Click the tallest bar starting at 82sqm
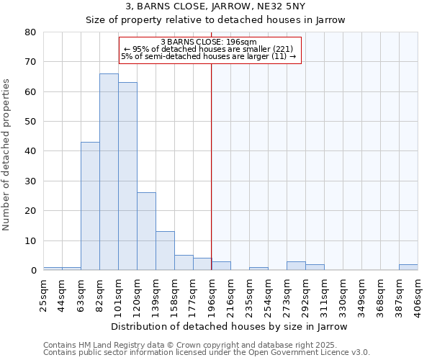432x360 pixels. (109, 172)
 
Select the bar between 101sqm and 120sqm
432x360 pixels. (127, 176)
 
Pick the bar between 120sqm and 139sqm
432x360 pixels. (146, 231)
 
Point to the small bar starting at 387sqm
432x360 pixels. (408, 267)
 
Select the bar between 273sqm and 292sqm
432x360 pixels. (296, 266)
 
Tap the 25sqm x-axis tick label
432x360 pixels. (43, 290)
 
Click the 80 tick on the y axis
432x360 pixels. (30, 32)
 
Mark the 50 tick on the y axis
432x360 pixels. (30, 122)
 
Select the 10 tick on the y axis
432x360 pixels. (30, 240)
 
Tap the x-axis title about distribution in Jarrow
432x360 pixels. (230, 327)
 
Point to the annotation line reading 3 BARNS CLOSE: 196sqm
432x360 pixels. (209, 42)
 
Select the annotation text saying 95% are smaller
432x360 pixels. (209, 49)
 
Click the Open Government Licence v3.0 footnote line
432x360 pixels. (207, 352)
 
